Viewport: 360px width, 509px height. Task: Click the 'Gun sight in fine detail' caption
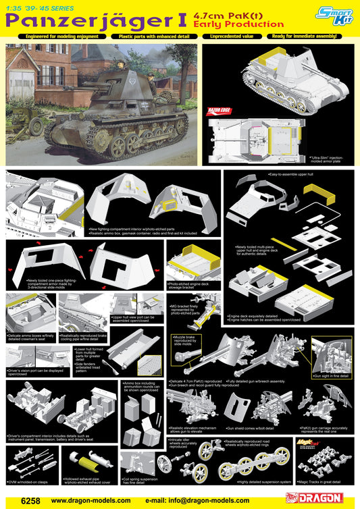(331, 375)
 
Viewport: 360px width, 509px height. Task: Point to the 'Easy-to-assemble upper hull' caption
(294, 175)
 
